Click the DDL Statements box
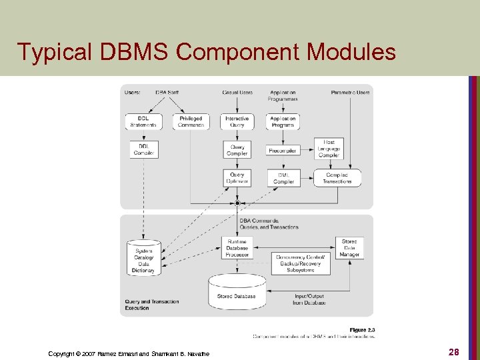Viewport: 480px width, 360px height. pos(143,121)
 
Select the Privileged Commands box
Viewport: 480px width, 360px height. pos(191,121)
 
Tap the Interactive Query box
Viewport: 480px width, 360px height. pos(237,121)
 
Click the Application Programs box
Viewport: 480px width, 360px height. pos(283,121)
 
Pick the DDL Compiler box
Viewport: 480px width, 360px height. pos(143,149)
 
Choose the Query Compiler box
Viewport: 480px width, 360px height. pos(237,150)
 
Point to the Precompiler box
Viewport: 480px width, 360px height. pos(283,150)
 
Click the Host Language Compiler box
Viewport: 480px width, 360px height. pos(329,149)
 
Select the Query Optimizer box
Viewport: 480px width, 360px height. pos(237,178)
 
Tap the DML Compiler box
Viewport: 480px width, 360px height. pos(283,178)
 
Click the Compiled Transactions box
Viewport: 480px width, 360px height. pos(337,178)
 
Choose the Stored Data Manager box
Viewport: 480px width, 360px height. pos(349,247)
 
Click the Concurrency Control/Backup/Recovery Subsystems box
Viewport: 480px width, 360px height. pos(300,263)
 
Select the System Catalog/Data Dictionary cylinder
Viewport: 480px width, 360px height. pos(143,258)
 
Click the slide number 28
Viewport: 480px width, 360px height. pos(453,351)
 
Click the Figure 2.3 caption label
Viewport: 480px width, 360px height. pos(363,330)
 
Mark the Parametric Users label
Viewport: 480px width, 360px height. pos(350,92)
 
